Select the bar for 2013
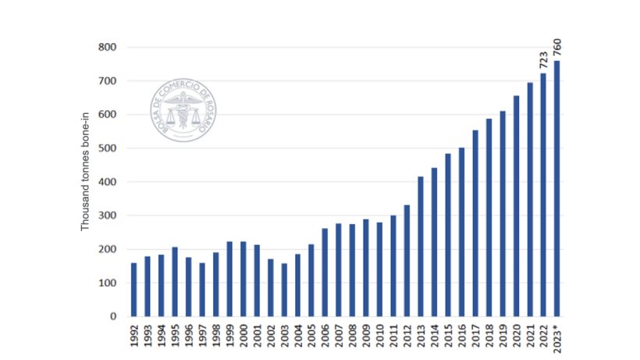point(421,247)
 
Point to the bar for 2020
point(516,206)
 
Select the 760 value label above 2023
point(557,46)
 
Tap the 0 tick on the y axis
point(112,316)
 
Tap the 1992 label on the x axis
point(134,336)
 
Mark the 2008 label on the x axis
point(352,336)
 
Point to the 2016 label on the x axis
point(461,336)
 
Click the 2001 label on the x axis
point(257,336)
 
